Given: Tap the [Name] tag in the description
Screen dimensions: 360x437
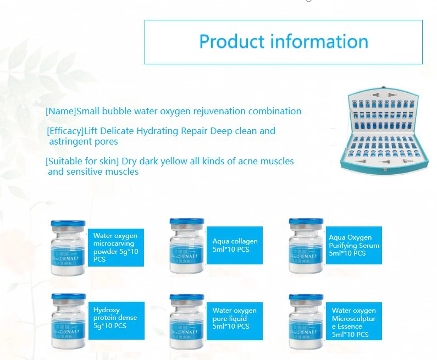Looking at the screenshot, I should [x=60, y=111].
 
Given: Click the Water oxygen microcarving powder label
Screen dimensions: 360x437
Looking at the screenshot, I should [x=115, y=247].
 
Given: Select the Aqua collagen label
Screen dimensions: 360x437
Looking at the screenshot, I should [x=235, y=245].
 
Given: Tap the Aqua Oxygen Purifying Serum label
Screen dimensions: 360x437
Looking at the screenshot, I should [x=354, y=245].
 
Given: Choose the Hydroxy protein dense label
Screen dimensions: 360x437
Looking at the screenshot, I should [x=115, y=318].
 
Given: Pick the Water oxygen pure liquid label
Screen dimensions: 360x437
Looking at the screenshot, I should [x=234, y=318].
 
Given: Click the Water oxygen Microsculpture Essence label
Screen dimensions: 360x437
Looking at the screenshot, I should [x=353, y=322].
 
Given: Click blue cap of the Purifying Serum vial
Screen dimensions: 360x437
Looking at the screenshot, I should [x=306, y=223].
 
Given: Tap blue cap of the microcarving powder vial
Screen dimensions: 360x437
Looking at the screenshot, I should [x=68, y=224].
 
